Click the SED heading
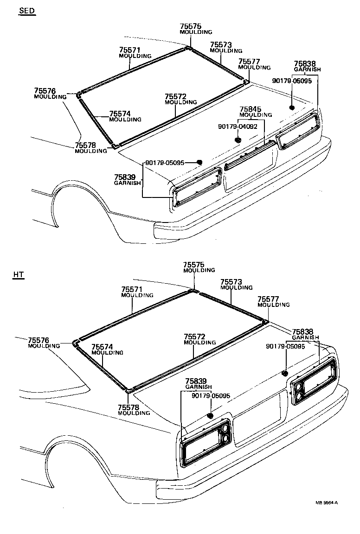[27, 11]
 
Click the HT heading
[18, 275]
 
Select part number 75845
[251, 109]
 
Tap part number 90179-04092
[238, 126]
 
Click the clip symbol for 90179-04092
[238, 139]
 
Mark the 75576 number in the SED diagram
[45, 91]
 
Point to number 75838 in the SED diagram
[305, 64]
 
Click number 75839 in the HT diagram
[197, 381]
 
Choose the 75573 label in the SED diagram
[221, 45]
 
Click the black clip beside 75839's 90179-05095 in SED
[199, 162]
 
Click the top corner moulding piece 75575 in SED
[188, 47]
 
